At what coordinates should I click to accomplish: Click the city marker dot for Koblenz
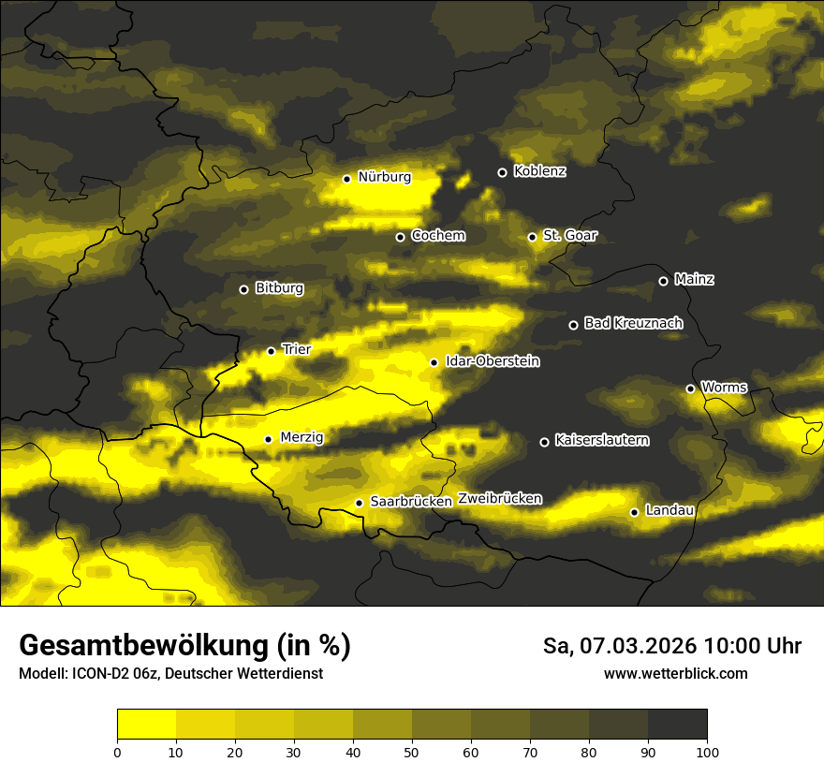pyautogui.click(x=502, y=172)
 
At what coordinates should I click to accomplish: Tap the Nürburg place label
pyautogui.click(x=384, y=177)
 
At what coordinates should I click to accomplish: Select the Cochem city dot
pyautogui.click(x=400, y=237)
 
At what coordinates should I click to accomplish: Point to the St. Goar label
pyautogui.click(x=569, y=236)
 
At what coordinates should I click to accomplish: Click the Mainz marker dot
pyautogui.click(x=663, y=281)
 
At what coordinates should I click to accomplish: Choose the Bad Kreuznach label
pyautogui.click(x=633, y=324)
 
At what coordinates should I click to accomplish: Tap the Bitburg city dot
pyautogui.click(x=243, y=289)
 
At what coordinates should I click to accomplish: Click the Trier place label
pyautogui.click(x=296, y=350)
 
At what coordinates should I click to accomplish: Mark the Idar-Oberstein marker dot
pyautogui.click(x=434, y=362)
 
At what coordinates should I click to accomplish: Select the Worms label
pyautogui.click(x=724, y=388)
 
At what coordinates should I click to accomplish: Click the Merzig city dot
pyautogui.click(x=268, y=439)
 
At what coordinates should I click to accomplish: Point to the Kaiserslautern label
pyautogui.click(x=601, y=441)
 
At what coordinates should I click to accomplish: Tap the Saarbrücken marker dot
pyautogui.click(x=359, y=503)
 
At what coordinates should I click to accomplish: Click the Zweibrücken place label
pyautogui.click(x=499, y=499)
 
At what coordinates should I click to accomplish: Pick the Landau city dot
pyautogui.click(x=634, y=512)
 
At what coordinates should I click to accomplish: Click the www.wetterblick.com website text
pyautogui.click(x=675, y=674)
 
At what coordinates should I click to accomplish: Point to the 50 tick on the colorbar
pyautogui.click(x=412, y=752)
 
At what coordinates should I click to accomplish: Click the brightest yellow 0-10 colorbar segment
pyautogui.click(x=146, y=725)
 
